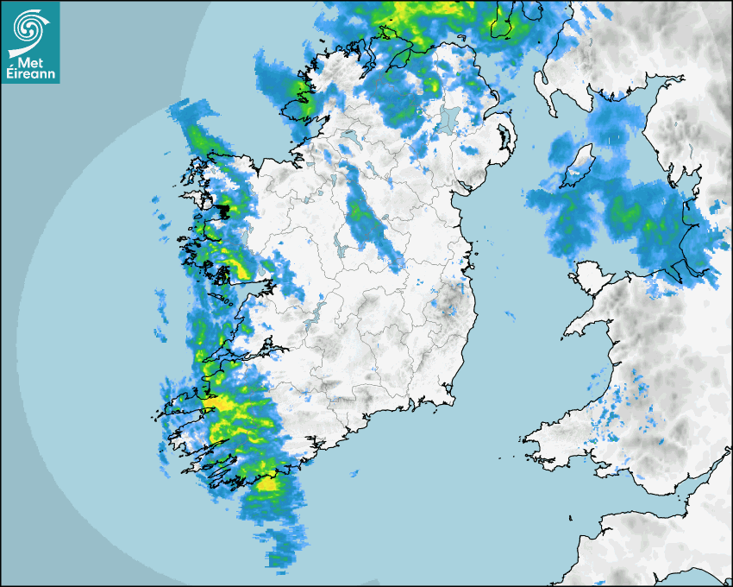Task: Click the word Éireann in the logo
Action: tap(30, 74)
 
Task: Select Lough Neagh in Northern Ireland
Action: tap(448, 119)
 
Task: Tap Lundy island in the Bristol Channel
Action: tap(570, 517)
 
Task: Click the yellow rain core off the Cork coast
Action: tap(268, 483)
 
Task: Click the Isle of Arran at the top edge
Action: tap(505, 19)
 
